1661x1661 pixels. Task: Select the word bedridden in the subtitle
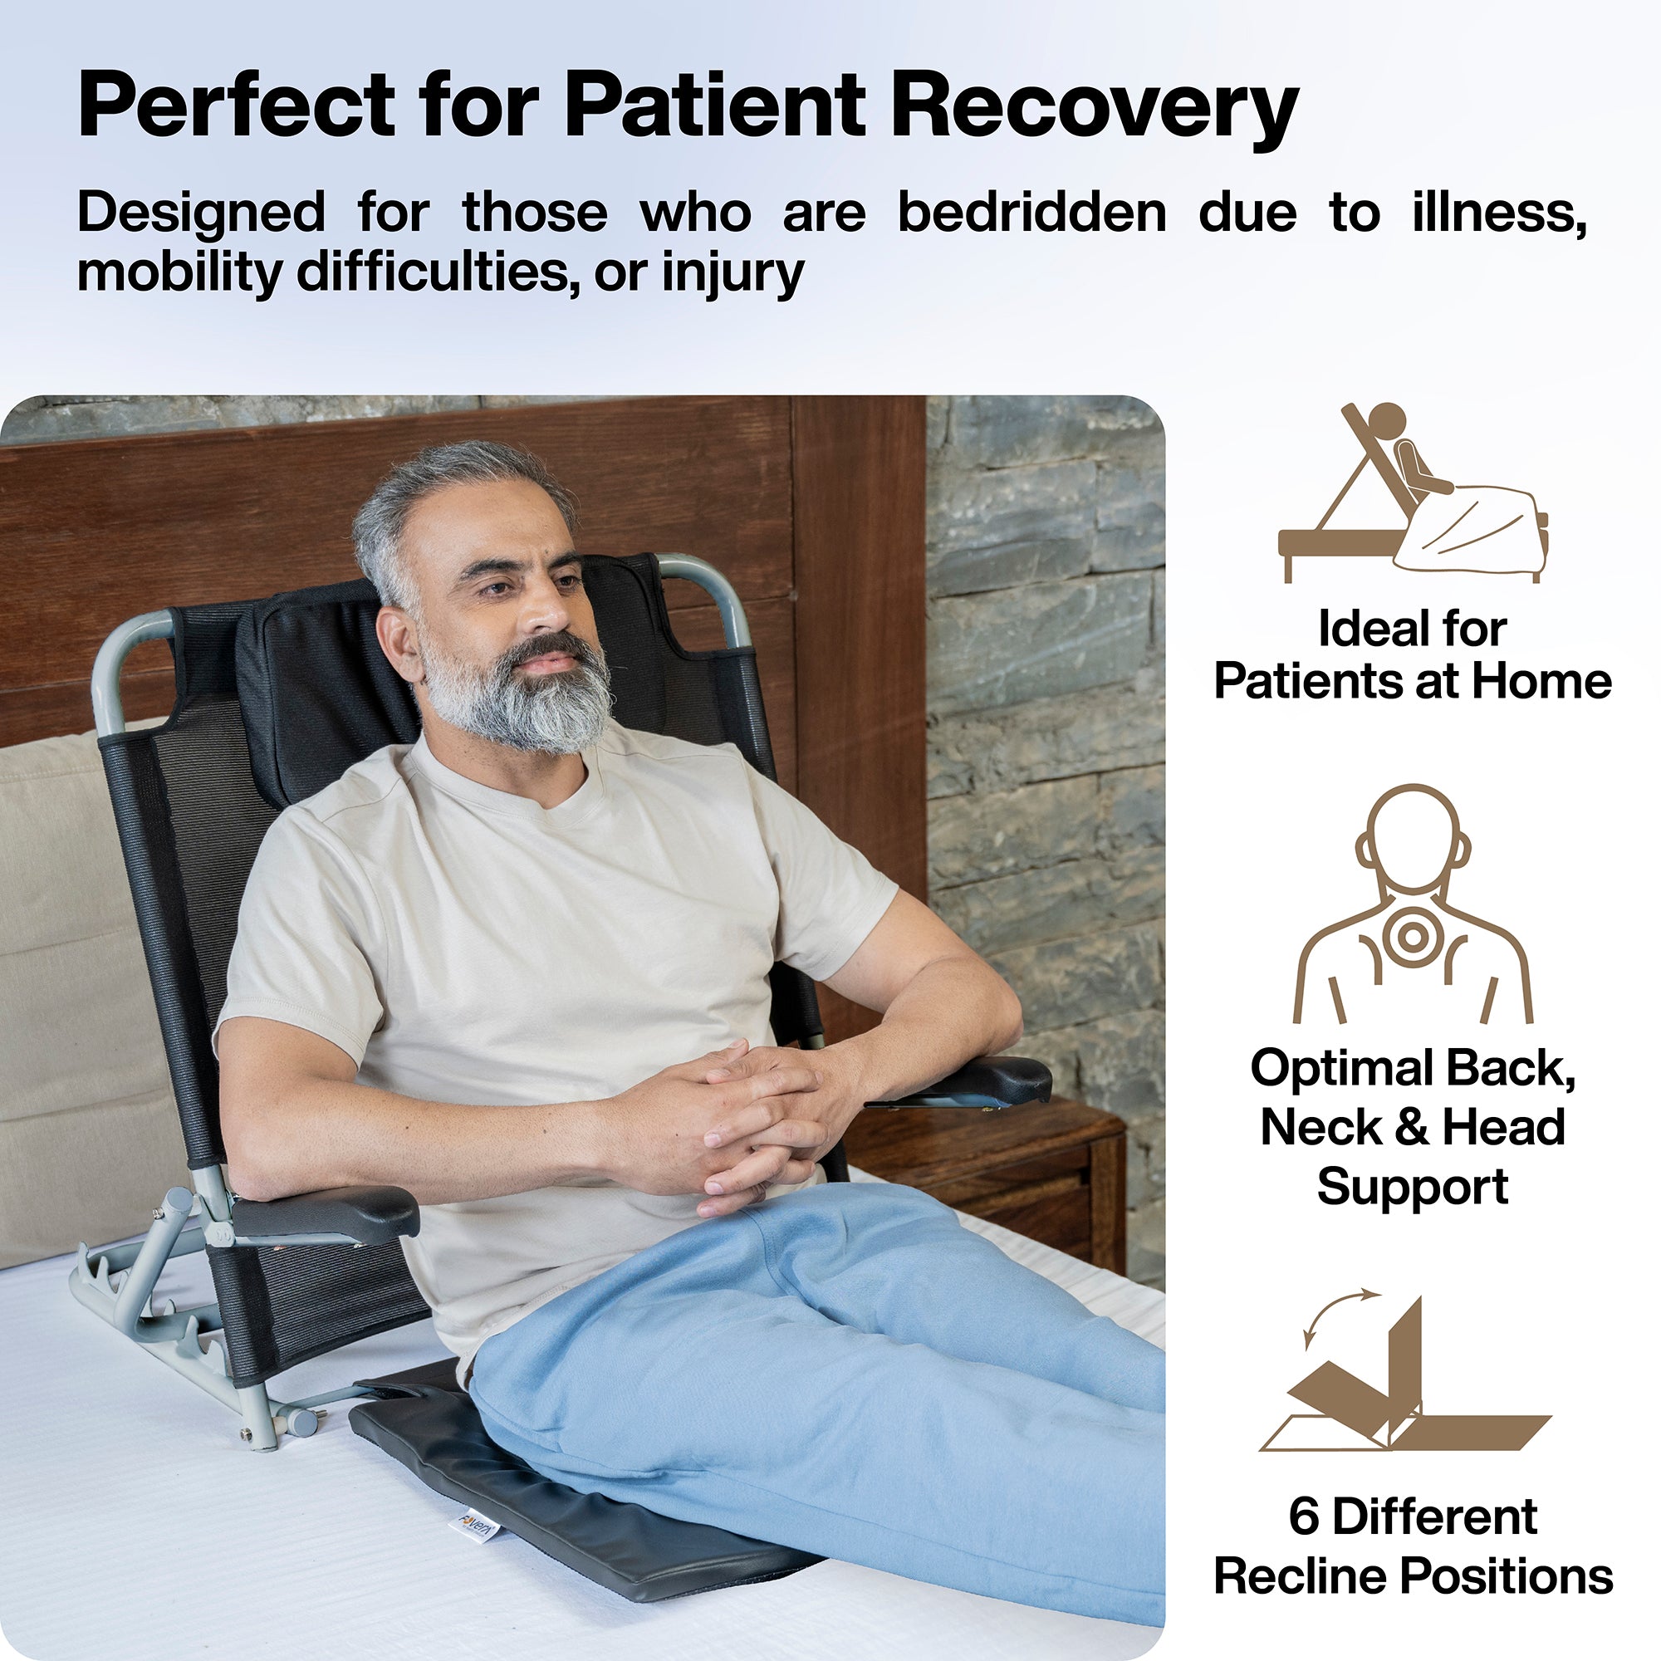(1031, 213)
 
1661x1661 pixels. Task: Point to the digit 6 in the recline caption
(1303, 1516)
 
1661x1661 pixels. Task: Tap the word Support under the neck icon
(1413, 1187)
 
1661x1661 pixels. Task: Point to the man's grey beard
(524, 697)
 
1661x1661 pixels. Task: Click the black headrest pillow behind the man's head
(336, 679)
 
